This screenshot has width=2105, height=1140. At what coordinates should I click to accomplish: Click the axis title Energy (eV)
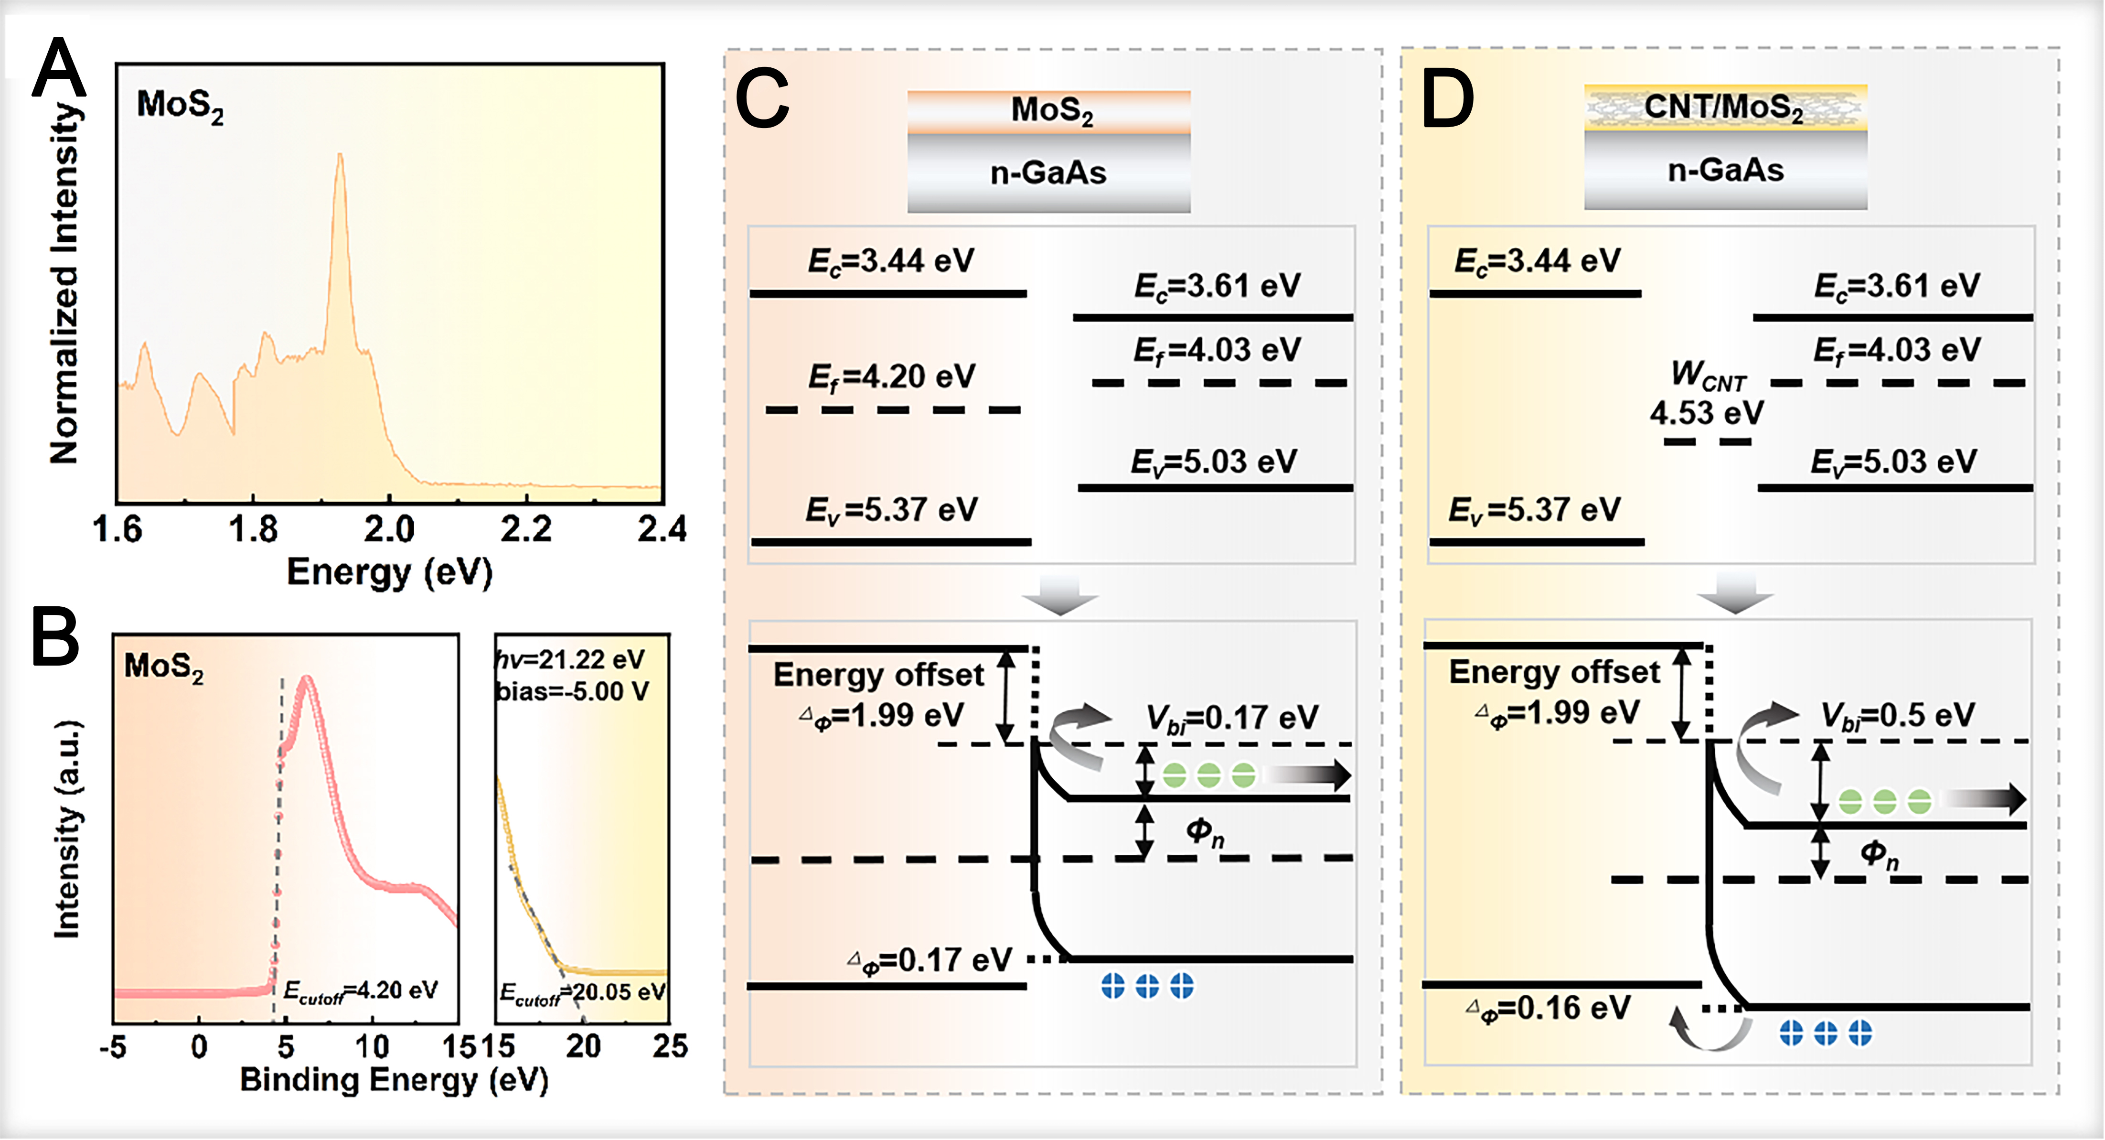coord(390,572)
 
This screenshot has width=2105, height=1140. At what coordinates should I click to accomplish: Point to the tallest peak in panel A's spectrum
coord(340,157)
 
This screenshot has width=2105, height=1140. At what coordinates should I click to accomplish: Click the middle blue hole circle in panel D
coord(1826,1033)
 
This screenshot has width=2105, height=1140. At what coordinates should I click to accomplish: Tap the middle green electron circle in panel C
coord(1208,774)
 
